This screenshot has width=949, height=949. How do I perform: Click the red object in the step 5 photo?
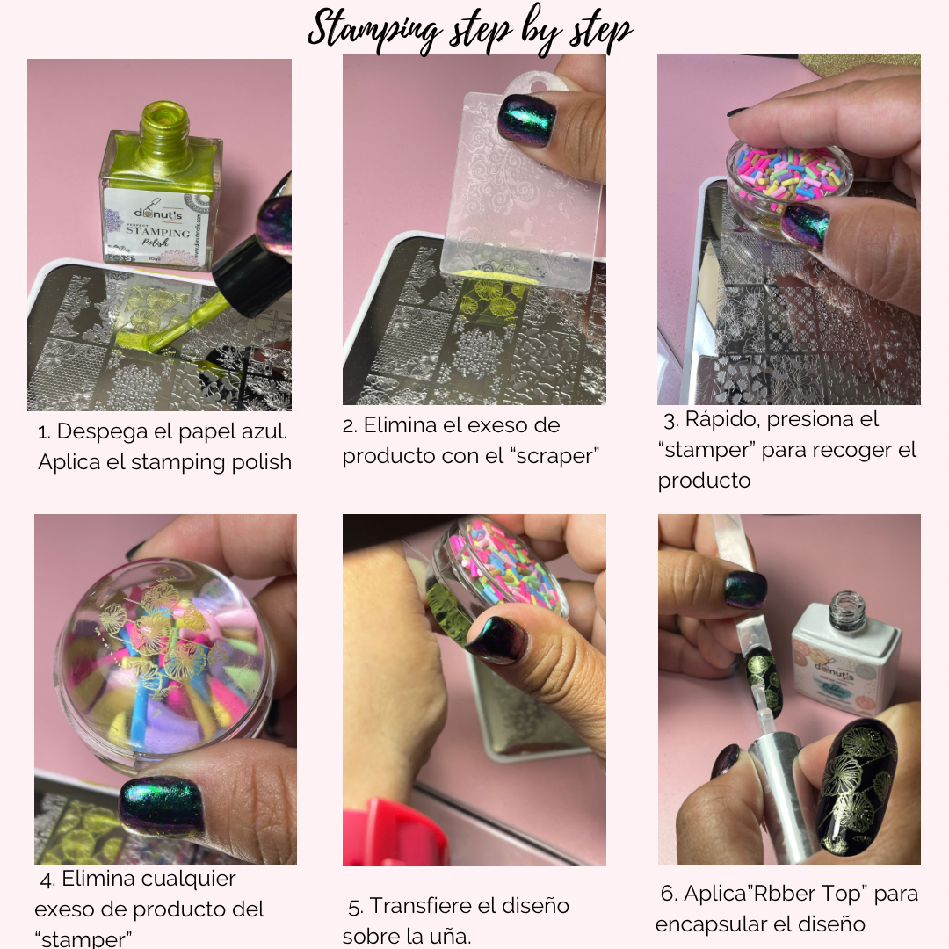(x=396, y=832)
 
